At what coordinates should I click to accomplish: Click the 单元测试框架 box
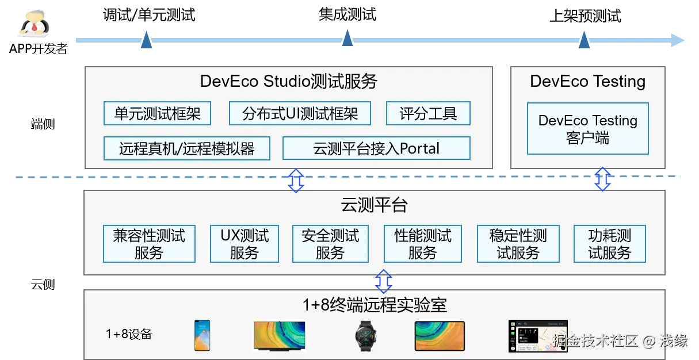tap(157, 113)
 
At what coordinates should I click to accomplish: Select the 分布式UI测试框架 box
tap(300, 113)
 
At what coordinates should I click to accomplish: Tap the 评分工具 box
tap(428, 113)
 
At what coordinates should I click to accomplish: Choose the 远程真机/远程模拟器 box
tap(187, 148)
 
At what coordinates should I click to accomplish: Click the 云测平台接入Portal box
tap(376, 148)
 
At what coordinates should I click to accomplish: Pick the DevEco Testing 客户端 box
tap(587, 129)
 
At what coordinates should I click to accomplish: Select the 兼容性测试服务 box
tap(149, 244)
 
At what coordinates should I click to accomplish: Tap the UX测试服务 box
tap(245, 244)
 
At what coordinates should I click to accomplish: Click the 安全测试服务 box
tap(330, 244)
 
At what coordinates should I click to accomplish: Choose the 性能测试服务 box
tap(423, 244)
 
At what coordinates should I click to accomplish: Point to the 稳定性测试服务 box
tap(518, 244)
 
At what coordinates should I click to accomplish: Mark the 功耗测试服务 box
tap(609, 244)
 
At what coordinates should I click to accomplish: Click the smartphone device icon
tap(202, 335)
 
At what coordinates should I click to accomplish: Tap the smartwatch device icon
tap(366, 336)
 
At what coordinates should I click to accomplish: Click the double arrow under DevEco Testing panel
tap(602, 179)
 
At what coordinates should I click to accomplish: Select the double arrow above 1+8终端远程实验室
tap(383, 280)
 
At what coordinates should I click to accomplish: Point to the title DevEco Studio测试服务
tap(288, 82)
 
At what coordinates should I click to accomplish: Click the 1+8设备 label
tap(129, 334)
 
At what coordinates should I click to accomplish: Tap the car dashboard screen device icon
tap(538, 336)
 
